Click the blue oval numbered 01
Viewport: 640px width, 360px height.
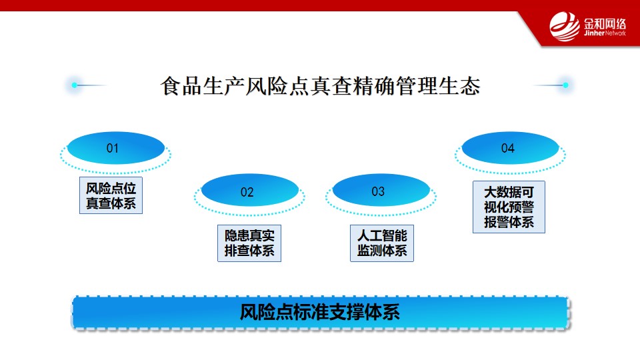(116, 148)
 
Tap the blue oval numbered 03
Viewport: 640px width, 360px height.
(381, 190)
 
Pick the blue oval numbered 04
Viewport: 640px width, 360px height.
(510, 148)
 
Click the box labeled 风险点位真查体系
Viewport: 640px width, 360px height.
(111, 195)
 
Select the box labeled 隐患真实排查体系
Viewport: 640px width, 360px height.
(249, 243)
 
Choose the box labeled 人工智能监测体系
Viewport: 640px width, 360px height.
(382, 243)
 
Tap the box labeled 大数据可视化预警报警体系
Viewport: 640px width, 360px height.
(509, 207)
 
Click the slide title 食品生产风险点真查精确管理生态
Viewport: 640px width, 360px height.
(321, 86)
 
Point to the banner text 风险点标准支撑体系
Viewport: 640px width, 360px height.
(319, 312)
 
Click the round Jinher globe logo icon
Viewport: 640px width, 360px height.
(565, 27)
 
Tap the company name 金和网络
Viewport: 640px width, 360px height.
(605, 24)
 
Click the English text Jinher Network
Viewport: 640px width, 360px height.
(605, 33)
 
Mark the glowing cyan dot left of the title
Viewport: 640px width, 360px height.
(74, 85)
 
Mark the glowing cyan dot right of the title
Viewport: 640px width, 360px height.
(566, 85)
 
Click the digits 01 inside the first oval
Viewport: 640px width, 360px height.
(112, 148)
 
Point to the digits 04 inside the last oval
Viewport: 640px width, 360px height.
(508, 148)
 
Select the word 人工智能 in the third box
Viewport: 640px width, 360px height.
(382, 235)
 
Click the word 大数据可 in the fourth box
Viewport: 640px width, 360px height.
(509, 192)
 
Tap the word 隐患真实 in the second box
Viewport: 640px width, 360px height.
(249, 235)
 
